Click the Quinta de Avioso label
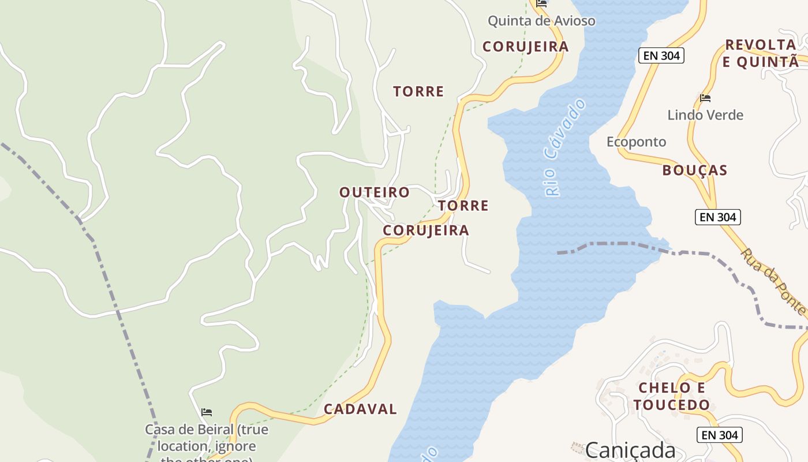click(541, 21)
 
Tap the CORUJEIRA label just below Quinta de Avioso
click(525, 47)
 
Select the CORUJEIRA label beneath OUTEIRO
click(426, 230)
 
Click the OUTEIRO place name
click(375, 192)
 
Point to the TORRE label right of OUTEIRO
click(463, 206)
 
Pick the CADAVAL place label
click(360, 409)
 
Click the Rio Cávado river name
click(564, 147)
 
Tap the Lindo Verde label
click(705, 115)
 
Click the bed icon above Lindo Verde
click(705, 98)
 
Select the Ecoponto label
click(636, 142)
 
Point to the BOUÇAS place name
click(695, 170)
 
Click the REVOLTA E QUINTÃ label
click(761, 53)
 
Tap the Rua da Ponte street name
click(773, 281)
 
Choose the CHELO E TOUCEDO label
click(672, 396)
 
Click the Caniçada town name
click(630, 449)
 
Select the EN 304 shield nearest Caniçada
click(719, 435)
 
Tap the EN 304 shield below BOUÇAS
click(717, 217)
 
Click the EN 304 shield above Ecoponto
click(661, 55)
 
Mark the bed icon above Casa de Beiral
click(207, 412)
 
